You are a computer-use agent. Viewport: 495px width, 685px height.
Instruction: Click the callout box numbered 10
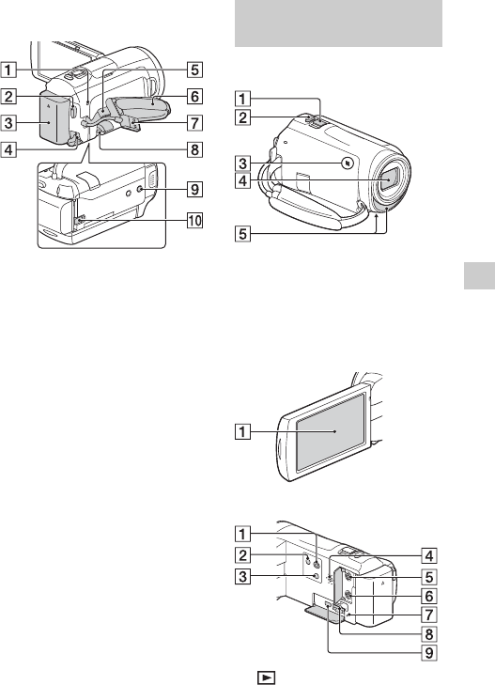(194, 220)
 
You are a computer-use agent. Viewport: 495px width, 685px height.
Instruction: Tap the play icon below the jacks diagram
(266, 677)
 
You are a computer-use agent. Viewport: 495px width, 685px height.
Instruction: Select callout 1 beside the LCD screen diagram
(242, 431)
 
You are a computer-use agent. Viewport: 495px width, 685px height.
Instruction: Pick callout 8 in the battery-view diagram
(194, 149)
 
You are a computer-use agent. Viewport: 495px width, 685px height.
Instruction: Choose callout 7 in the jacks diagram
(429, 615)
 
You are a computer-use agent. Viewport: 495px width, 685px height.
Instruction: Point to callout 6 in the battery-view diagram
(194, 96)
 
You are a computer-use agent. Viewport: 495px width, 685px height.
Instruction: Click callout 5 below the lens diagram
(242, 234)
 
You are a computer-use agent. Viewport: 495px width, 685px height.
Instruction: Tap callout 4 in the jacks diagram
(429, 555)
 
